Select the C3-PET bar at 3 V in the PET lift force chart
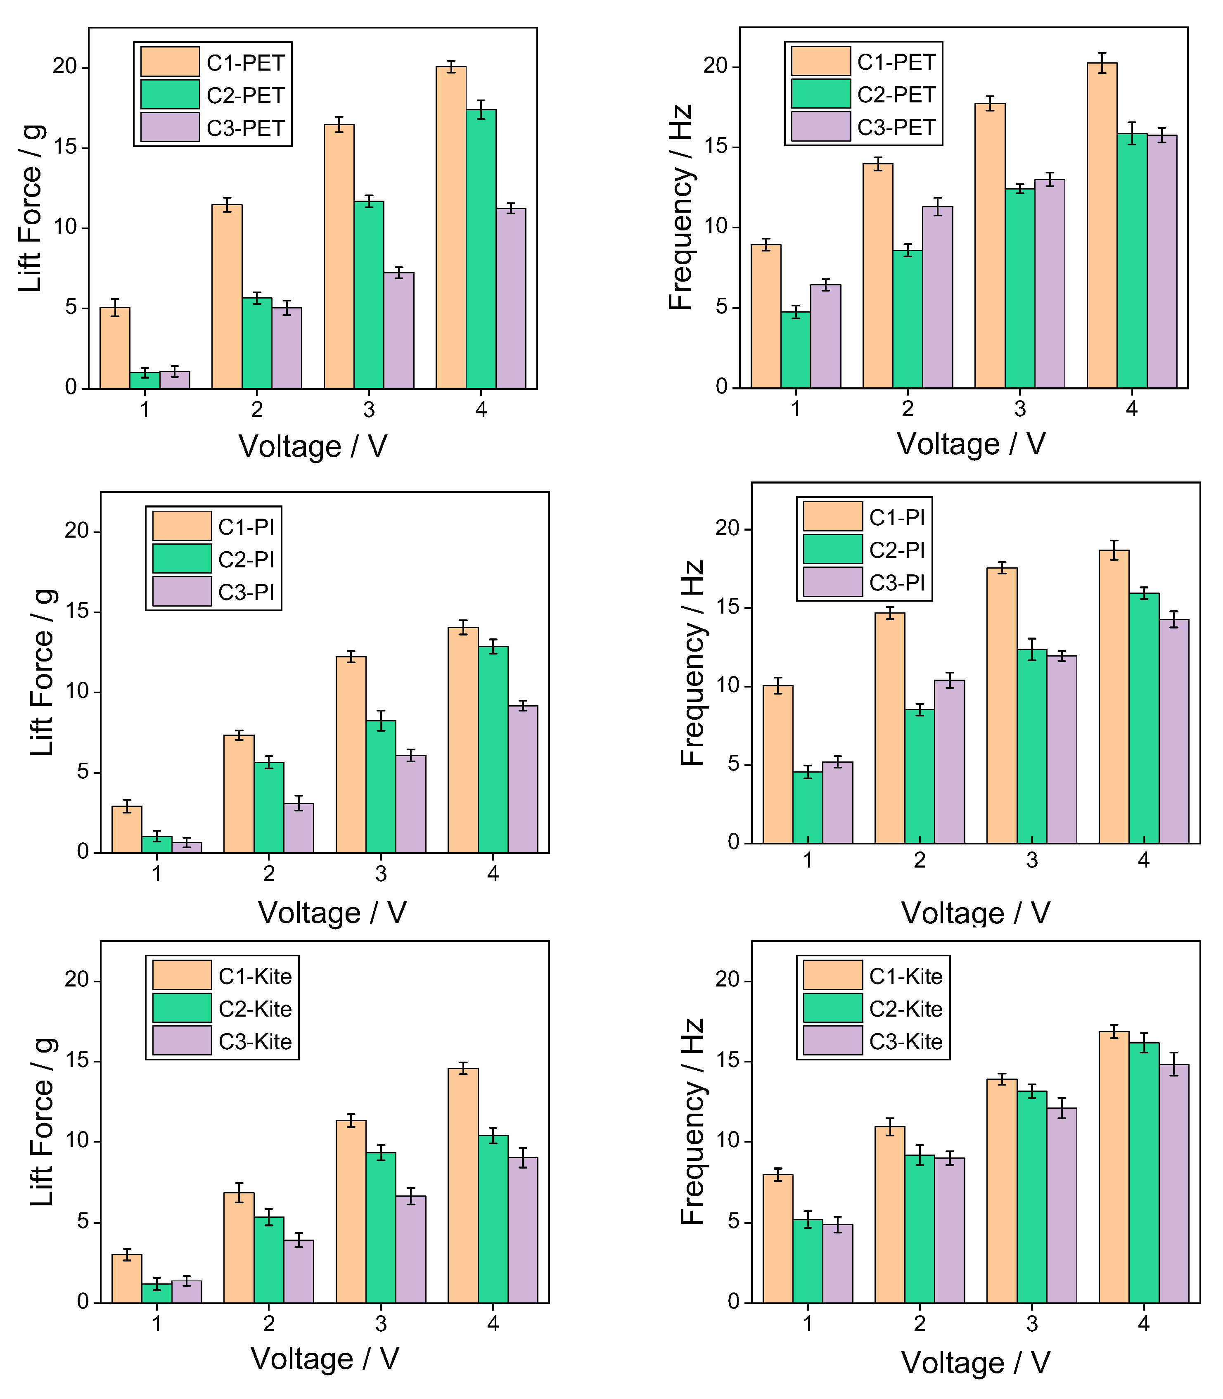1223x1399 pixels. tap(398, 331)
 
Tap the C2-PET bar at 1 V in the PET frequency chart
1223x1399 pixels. tap(795, 350)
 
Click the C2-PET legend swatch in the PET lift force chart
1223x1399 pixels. tap(170, 94)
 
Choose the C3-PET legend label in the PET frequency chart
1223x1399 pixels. tap(896, 127)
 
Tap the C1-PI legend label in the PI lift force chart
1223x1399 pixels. tap(246, 527)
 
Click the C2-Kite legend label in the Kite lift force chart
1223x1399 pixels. tap(255, 1009)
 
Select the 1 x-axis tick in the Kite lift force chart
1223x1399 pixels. tap(157, 1324)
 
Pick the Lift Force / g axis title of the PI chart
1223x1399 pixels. tap(42, 672)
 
